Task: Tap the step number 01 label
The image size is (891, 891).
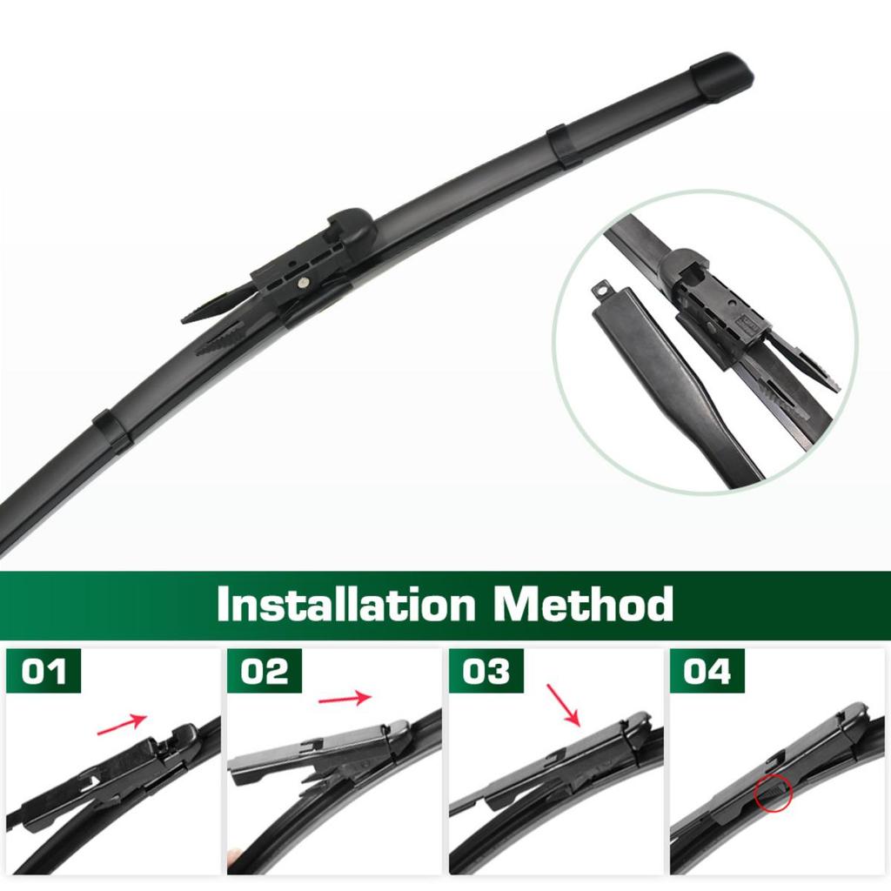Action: [44, 672]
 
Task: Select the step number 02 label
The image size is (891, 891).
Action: [265, 672]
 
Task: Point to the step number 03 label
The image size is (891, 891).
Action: [486, 672]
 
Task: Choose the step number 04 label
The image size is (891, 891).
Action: [707, 672]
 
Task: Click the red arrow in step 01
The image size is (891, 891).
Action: [122, 723]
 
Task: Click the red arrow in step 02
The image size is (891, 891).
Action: [345, 698]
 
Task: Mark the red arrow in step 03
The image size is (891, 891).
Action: [563, 705]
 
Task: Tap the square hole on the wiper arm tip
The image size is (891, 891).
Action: [600, 286]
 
